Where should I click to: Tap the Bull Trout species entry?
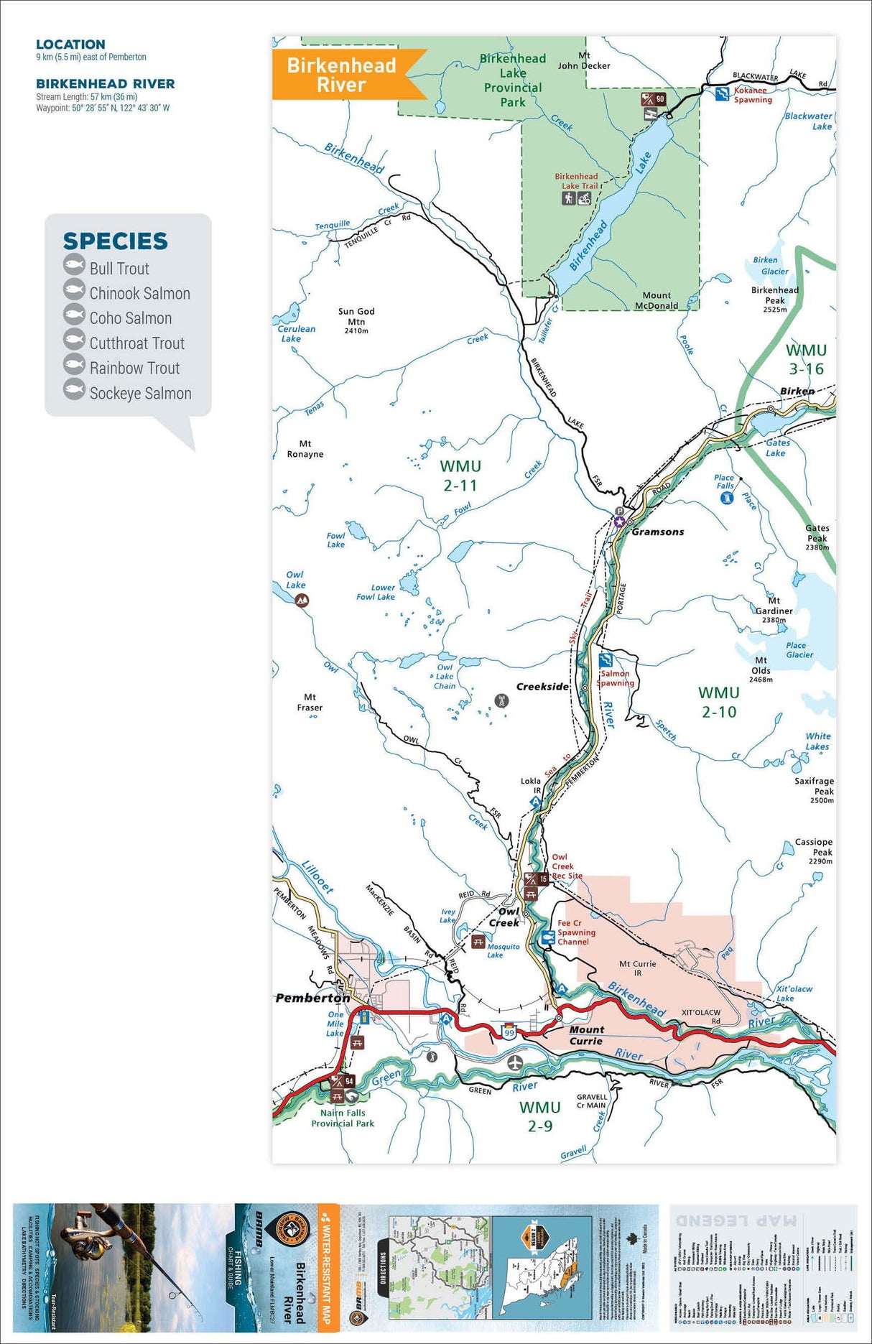(x=119, y=269)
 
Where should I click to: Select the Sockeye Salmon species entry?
(x=139, y=393)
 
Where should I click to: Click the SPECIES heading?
(x=115, y=241)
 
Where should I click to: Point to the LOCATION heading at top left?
(x=70, y=45)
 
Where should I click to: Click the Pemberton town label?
(x=312, y=998)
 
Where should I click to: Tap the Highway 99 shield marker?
(x=509, y=1032)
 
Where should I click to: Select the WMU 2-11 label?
(x=460, y=476)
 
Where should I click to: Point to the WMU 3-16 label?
(x=806, y=359)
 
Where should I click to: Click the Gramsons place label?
(x=657, y=532)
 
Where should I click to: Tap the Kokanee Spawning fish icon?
(x=722, y=93)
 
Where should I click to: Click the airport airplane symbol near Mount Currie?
(x=514, y=1062)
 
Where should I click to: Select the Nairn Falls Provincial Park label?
(x=343, y=1118)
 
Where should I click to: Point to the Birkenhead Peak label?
(x=774, y=295)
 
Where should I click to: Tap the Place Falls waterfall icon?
(x=726, y=498)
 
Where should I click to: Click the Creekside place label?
(x=542, y=687)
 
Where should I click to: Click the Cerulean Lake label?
(x=295, y=333)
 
